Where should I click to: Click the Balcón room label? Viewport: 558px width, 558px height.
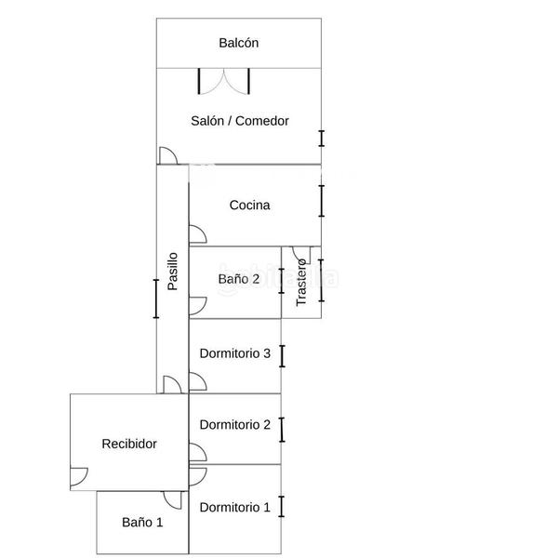pos(238,43)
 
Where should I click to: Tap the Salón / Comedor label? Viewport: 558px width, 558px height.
pos(240,121)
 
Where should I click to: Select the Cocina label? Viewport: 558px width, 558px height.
pos(249,206)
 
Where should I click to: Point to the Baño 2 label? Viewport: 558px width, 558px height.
pos(239,279)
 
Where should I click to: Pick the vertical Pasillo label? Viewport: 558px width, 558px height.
pos(173,272)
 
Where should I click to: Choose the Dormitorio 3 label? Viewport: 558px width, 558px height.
pos(235,353)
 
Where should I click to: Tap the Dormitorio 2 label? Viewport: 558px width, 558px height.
pos(235,425)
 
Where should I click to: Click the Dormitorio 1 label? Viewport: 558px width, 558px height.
pos(235,508)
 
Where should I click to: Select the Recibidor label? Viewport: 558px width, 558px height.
pos(129,445)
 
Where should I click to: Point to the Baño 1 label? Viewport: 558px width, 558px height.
pos(142,523)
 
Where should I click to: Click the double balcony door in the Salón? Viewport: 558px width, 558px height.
pos(224,81)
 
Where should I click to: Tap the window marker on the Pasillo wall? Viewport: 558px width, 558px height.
pos(156,299)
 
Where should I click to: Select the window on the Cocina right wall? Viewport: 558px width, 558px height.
pos(321,201)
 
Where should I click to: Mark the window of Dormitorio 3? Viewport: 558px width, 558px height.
pos(281,355)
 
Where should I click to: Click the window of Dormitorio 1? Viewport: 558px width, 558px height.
pos(281,508)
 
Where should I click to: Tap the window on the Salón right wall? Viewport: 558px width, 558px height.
pos(321,138)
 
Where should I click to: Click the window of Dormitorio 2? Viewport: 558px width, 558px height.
pos(281,429)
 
